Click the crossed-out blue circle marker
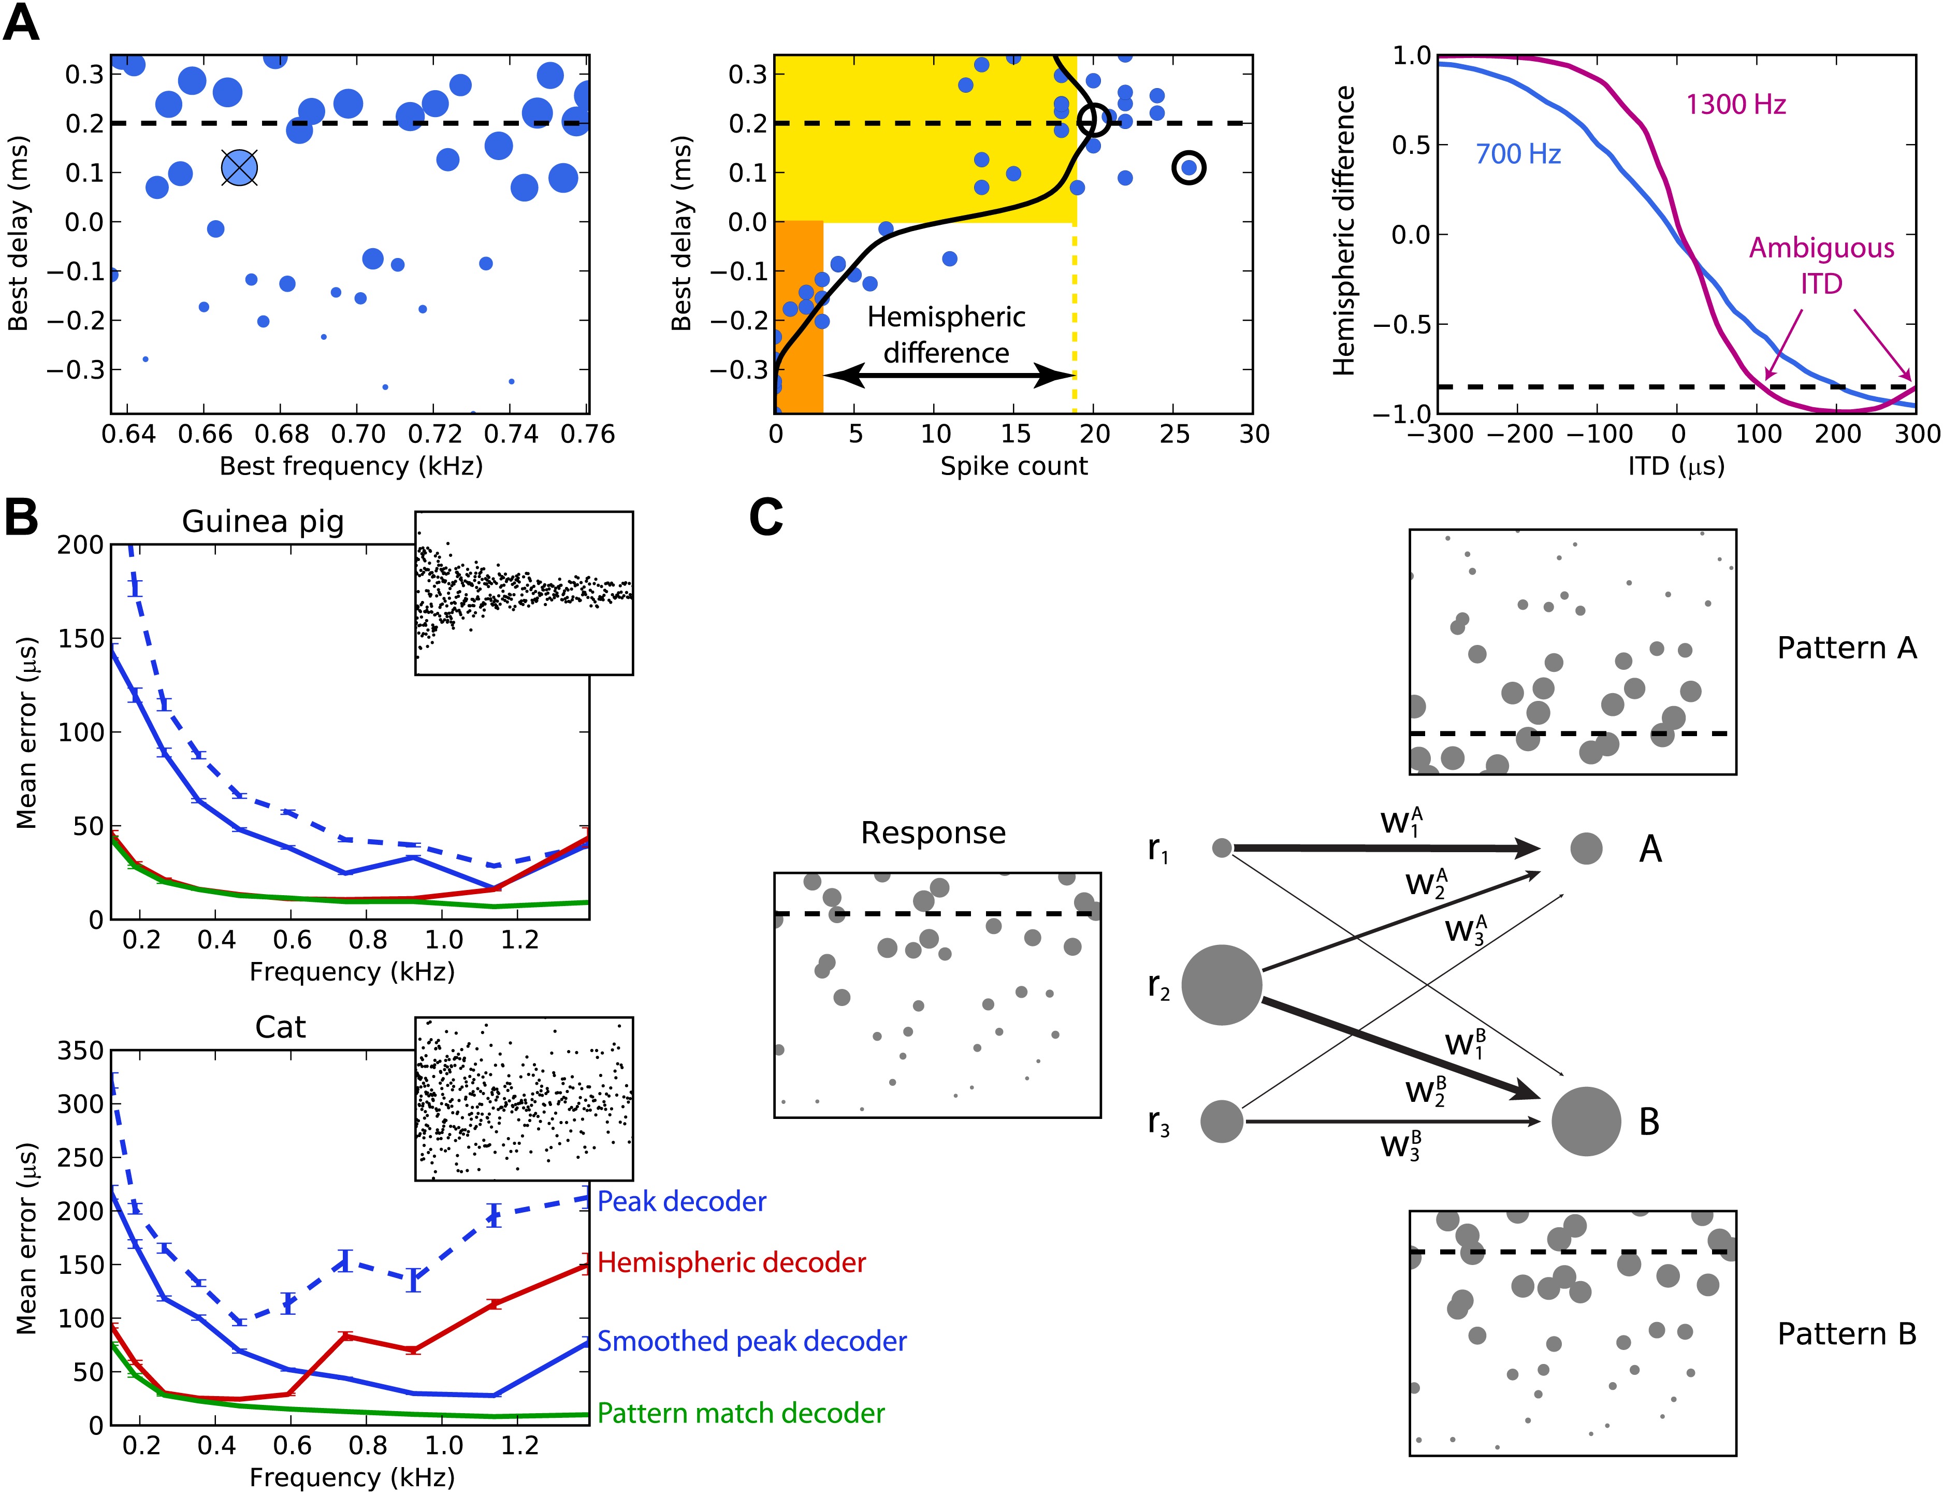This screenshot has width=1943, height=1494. (x=239, y=167)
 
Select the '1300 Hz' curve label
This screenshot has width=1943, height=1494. (x=1735, y=105)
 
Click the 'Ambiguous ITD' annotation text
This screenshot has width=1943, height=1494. (x=1821, y=265)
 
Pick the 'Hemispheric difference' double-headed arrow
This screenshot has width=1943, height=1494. (x=948, y=375)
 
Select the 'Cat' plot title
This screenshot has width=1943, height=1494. (x=280, y=1027)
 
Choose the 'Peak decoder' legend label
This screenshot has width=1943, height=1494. (x=681, y=1201)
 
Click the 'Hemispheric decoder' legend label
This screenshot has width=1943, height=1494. (x=731, y=1263)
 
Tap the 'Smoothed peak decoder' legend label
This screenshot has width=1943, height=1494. (x=751, y=1341)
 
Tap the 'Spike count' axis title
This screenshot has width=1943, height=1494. (x=1013, y=466)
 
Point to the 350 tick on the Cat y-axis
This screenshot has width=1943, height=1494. (x=80, y=1051)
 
